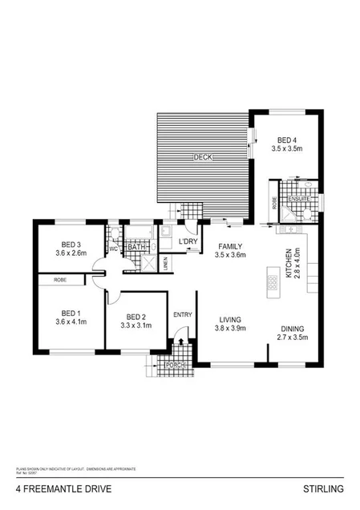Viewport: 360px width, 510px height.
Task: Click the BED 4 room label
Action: click(285, 139)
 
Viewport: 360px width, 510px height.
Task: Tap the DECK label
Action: click(203, 158)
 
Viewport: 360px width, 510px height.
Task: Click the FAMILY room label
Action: click(229, 246)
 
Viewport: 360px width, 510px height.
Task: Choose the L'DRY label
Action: click(188, 242)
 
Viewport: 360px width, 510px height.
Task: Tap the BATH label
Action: click(137, 247)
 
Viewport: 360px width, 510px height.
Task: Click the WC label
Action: click(113, 248)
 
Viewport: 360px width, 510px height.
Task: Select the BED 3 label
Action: click(70, 245)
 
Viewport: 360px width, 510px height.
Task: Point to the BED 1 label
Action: click(70, 314)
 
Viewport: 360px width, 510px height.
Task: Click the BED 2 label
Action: click(136, 317)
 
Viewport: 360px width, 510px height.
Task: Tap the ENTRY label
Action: click(183, 314)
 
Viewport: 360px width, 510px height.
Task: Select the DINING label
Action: click(293, 328)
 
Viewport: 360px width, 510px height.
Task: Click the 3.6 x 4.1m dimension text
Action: click(71, 322)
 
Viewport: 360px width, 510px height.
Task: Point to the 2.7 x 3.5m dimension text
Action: click(293, 338)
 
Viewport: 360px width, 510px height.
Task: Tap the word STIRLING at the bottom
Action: click(323, 488)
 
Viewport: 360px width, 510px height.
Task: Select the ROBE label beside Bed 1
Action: click(60, 280)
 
